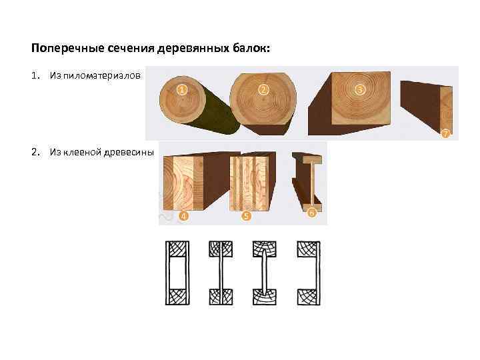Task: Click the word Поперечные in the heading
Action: point(67,49)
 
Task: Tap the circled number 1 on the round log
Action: point(182,90)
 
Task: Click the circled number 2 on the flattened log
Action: point(263,90)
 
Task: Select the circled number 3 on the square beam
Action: point(360,89)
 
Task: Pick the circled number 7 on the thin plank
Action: point(446,133)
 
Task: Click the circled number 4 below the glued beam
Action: point(183,216)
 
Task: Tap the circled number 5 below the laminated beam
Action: point(246,216)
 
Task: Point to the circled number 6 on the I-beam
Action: point(311,213)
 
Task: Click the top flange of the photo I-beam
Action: point(312,159)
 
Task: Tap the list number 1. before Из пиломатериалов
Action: point(36,75)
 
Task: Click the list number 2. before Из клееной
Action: point(36,152)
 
